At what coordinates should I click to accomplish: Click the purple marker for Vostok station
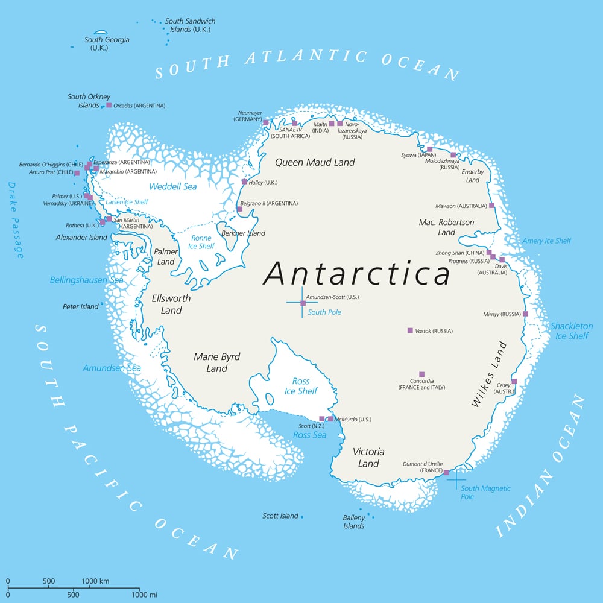(x=410, y=330)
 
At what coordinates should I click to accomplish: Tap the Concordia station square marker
(x=421, y=374)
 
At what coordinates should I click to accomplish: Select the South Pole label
(x=324, y=312)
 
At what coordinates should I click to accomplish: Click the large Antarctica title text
(x=357, y=274)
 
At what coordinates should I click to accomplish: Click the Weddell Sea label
(x=173, y=187)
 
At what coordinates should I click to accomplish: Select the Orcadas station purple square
(x=109, y=105)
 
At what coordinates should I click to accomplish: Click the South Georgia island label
(x=107, y=43)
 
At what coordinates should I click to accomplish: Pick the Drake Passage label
(x=16, y=220)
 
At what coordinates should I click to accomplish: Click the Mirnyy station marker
(x=525, y=314)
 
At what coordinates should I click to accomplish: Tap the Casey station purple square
(x=514, y=381)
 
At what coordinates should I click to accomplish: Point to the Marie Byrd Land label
(x=217, y=362)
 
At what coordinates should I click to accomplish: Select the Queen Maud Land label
(x=315, y=162)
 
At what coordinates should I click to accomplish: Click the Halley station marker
(x=244, y=182)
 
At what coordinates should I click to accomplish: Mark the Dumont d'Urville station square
(x=446, y=472)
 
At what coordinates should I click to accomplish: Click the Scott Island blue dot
(x=302, y=517)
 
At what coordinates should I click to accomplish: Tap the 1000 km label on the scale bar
(x=95, y=581)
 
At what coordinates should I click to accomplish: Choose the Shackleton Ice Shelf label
(x=571, y=331)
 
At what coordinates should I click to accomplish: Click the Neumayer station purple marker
(x=265, y=122)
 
